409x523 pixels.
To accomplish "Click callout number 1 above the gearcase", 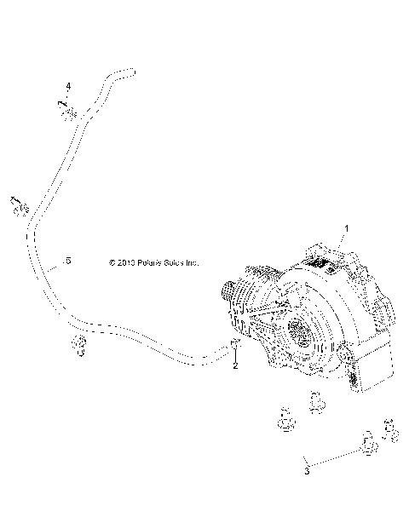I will [x=346, y=228].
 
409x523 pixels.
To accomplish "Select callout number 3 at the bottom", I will [x=307, y=468].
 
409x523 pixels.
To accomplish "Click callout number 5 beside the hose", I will [x=67, y=260].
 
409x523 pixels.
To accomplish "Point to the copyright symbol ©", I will [x=112, y=263].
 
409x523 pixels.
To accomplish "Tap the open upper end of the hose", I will [x=127, y=72].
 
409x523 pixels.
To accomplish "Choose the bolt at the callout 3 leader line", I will [x=369, y=442].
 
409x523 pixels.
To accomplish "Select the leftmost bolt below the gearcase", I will [x=285, y=420].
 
